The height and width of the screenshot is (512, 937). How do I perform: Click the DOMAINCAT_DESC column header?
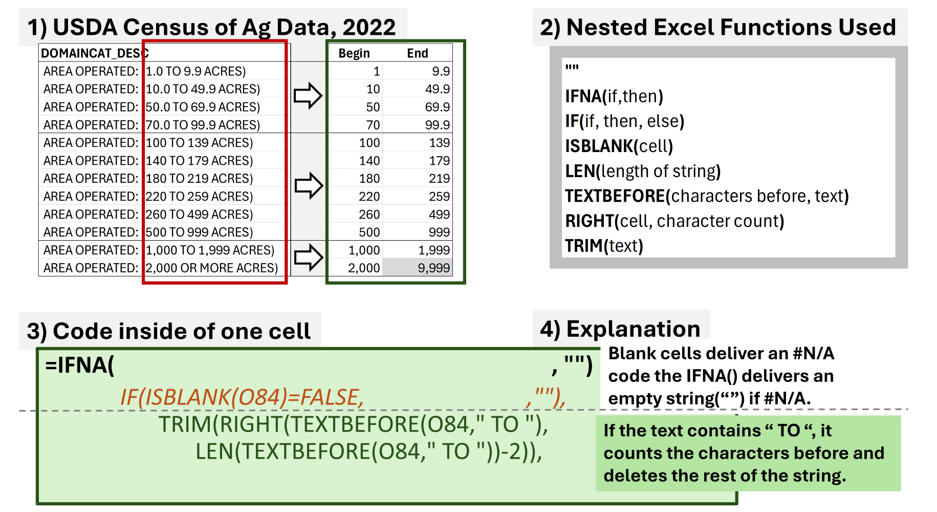(95, 53)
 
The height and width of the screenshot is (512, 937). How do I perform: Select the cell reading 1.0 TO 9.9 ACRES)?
(196, 71)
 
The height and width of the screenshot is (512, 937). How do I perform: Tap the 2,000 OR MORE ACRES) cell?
(212, 268)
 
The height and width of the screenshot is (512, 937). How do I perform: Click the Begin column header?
(354, 53)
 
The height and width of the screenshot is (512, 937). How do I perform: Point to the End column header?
(418, 53)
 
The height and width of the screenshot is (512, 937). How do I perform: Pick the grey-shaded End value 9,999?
(433, 268)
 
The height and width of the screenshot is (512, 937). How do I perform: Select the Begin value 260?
(369, 214)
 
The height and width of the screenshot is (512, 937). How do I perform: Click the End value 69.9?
(438, 107)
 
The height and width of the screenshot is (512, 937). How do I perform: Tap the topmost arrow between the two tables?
(308, 96)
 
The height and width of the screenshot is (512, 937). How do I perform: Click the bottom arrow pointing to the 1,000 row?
(309, 257)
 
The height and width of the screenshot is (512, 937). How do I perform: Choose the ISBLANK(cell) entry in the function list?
(619, 146)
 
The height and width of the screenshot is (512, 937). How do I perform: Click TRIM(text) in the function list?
(604, 246)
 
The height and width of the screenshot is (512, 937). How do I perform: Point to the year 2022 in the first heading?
(369, 27)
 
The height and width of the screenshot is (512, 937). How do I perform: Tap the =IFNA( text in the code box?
(80, 366)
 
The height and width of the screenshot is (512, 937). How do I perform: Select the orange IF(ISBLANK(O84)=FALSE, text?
(242, 397)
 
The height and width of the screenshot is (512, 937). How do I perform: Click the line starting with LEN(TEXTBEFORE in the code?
(368, 452)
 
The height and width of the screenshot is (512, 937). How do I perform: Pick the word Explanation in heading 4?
(634, 329)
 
